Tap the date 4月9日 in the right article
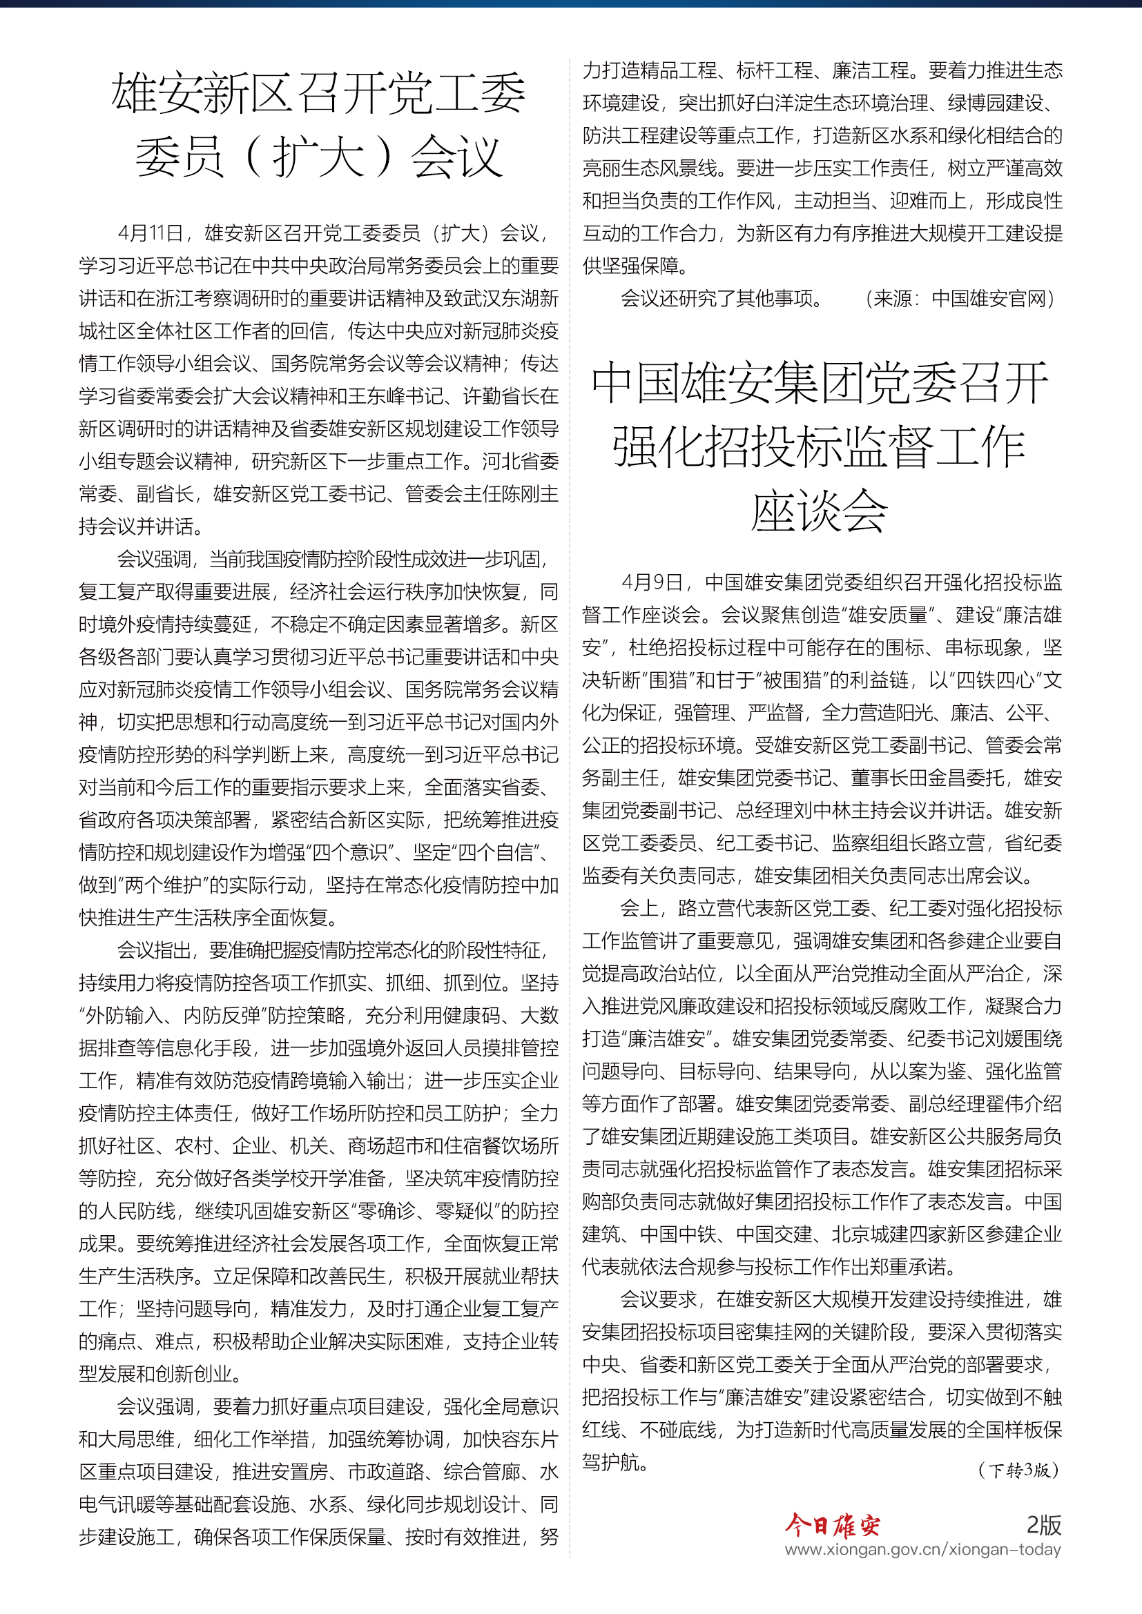tap(652, 582)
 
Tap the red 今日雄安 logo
tap(832, 1526)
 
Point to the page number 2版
tap(1043, 1524)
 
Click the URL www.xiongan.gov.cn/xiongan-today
tap(922, 1549)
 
